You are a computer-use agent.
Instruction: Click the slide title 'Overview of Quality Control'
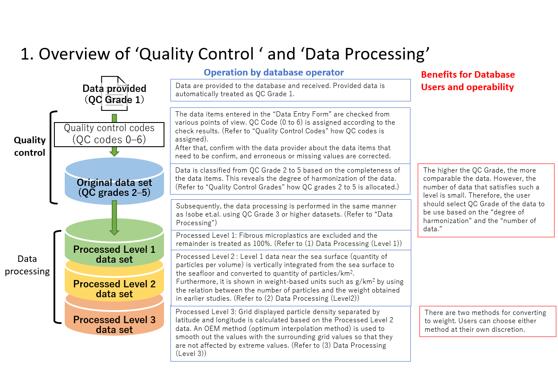click(x=225, y=54)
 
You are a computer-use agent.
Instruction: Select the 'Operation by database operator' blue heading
click(x=274, y=72)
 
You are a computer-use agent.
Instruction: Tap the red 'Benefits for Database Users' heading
click(x=468, y=81)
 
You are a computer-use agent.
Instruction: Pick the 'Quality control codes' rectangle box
click(x=109, y=134)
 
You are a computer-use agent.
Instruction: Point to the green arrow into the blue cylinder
click(x=114, y=151)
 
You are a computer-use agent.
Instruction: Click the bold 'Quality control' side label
click(x=29, y=146)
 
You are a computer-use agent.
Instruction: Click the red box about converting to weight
click(x=488, y=321)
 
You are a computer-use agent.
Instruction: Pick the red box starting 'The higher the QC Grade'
click(x=485, y=200)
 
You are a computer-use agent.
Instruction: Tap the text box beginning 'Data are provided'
click(x=290, y=90)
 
